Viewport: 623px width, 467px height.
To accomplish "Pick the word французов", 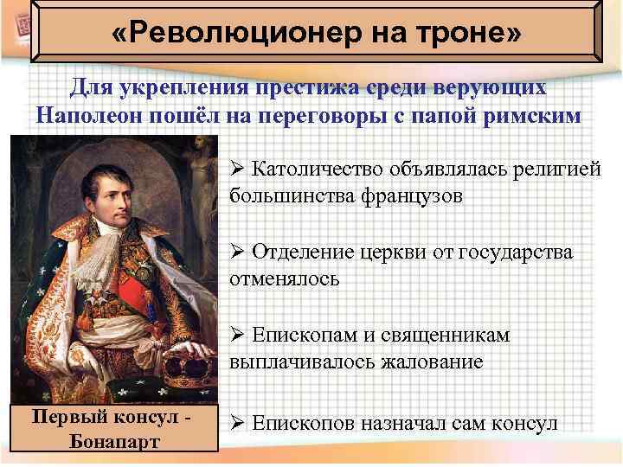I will pos(410,195).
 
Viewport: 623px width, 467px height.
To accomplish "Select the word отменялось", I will pos(285,278).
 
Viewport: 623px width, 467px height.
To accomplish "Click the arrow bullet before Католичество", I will pos(238,170).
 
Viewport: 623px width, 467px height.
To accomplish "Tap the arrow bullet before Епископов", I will pos(238,424).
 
